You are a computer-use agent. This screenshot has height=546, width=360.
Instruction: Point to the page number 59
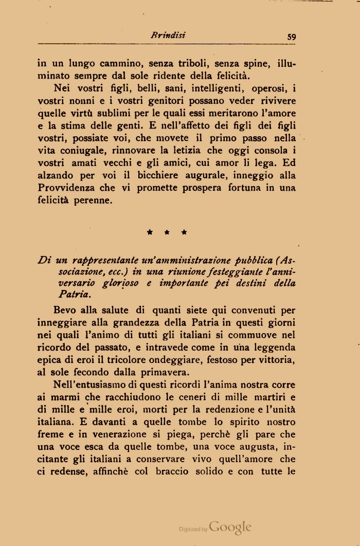[x=292, y=37]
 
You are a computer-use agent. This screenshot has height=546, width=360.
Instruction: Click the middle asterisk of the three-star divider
[x=167, y=232]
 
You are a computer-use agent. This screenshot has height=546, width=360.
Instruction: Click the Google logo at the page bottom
[x=230, y=527]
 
